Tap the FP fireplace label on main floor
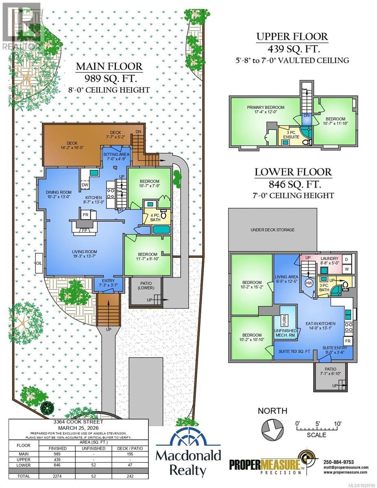85,229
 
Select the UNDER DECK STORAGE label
272,230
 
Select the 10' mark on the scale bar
337,424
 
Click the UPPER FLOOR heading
292,36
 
